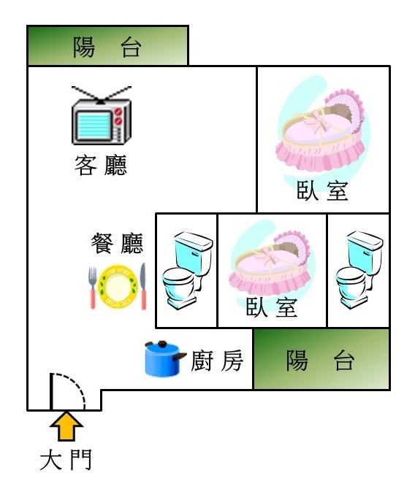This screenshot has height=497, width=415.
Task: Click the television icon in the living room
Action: click(102, 116)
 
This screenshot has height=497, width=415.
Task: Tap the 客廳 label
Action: click(101, 165)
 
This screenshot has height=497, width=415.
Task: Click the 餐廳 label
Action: click(117, 243)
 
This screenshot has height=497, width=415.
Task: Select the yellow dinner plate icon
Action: click(118, 287)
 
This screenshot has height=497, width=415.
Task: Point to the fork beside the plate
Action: click(92, 288)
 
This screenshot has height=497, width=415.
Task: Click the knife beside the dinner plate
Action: click(143, 286)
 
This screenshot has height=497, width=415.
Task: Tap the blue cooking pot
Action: click(165, 359)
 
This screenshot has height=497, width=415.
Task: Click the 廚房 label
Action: click(217, 361)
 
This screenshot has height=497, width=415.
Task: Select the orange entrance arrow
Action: click(66, 425)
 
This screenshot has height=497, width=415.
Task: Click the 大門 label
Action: click(66, 460)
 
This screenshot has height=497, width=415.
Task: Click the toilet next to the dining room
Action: click(187, 271)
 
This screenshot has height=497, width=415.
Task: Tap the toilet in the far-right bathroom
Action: click(359, 270)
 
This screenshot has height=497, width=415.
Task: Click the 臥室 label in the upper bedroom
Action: click(322, 190)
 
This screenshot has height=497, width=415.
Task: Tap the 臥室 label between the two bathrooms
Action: click(272, 307)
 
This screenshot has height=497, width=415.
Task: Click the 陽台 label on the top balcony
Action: click(107, 47)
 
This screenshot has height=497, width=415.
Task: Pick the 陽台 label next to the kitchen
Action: click(321, 360)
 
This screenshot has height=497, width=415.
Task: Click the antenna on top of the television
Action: click(102, 95)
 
